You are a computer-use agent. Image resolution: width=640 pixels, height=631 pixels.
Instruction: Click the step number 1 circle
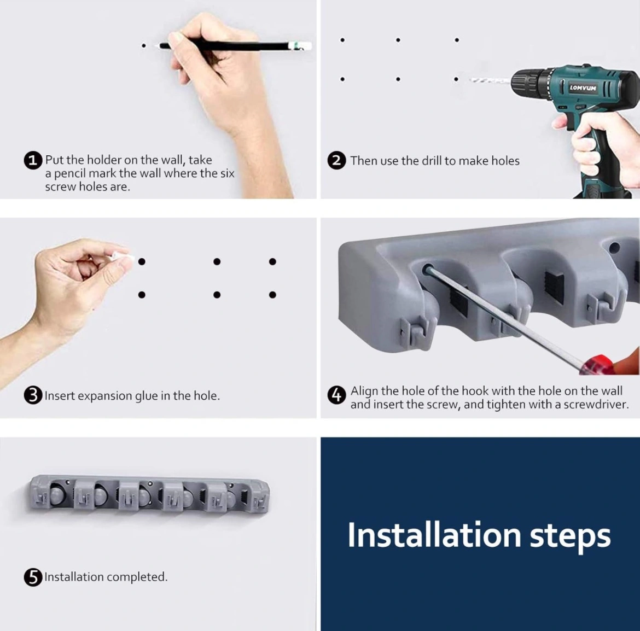tap(33, 160)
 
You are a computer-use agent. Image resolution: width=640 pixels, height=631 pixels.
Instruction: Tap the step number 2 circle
tap(336, 161)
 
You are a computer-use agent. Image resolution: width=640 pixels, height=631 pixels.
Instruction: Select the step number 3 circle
tap(33, 395)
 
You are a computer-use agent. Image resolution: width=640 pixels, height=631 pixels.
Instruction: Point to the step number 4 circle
tap(337, 395)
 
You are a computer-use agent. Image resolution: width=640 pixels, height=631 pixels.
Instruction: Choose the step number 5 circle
tap(33, 577)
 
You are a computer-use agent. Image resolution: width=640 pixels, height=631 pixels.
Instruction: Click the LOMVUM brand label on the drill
tap(583, 87)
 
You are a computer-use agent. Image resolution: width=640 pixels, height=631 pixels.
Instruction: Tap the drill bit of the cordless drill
tap(490, 81)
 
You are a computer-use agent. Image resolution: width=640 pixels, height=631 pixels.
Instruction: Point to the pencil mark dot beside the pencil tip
tap(143, 46)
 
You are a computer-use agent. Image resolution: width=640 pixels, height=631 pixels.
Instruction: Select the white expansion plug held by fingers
tap(123, 256)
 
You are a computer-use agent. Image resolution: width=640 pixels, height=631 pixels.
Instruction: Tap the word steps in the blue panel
tap(570, 537)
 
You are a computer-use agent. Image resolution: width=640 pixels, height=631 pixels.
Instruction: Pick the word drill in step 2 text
tap(433, 161)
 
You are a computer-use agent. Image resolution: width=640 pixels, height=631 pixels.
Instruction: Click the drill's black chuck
tap(531, 81)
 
